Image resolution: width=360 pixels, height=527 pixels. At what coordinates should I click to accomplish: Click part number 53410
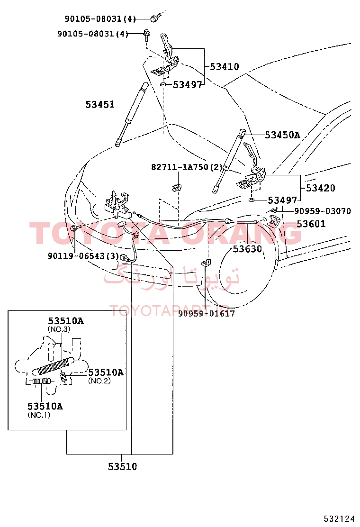tap(225, 66)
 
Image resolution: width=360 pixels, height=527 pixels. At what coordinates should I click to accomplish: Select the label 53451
tap(100, 105)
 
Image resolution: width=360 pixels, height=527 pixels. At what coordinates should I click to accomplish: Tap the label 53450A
tap(282, 135)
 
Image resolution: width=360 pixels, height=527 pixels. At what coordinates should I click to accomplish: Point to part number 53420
tap(320, 188)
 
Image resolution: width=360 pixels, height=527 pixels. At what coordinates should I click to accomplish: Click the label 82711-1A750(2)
tap(187, 167)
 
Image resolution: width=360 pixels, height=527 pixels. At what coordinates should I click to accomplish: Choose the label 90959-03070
tap(323, 211)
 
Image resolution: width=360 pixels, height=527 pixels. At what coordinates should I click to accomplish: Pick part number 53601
tap(311, 224)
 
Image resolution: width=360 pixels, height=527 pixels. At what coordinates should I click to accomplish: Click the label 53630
tap(247, 249)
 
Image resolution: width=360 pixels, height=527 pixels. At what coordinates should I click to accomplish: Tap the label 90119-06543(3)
tap(83, 256)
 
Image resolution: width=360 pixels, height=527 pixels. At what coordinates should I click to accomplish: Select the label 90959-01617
tap(206, 314)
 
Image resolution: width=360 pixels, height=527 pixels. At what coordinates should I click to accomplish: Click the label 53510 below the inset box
tap(123, 466)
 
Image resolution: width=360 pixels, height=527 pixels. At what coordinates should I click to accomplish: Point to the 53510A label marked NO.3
tap(65, 321)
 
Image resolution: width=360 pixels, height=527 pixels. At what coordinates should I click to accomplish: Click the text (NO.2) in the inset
tap(99, 381)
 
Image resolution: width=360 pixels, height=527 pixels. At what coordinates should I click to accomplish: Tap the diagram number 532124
tap(339, 518)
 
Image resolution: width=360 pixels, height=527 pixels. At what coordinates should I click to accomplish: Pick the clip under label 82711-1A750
tap(177, 188)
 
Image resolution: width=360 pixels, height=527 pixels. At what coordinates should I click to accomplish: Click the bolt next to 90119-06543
tap(75, 229)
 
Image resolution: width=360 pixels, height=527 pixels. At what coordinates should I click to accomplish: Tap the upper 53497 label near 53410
tap(188, 85)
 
